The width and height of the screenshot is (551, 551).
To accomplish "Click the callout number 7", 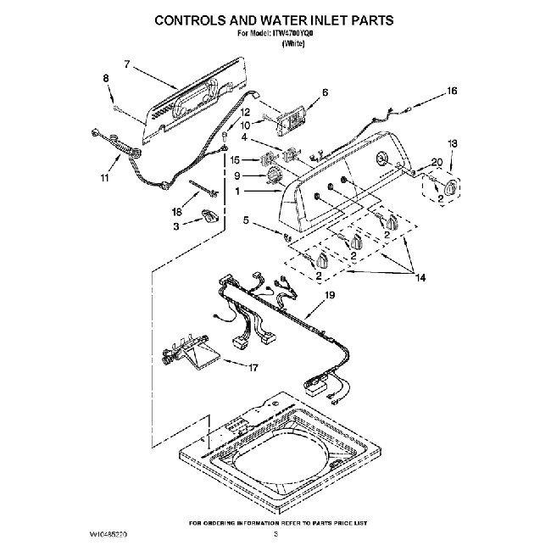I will click(x=126, y=64).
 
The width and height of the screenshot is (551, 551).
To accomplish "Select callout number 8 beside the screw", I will click(x=106, y=79).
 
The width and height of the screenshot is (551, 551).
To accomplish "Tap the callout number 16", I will click(x=453, y=91).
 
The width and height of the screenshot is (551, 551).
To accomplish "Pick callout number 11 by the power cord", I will click(x=104, y=179).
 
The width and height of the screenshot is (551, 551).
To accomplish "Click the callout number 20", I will click(x=437, y=162).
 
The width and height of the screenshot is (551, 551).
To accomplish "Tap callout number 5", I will click(x=246, y=222).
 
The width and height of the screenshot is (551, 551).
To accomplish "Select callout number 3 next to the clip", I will click(x=176, y=227).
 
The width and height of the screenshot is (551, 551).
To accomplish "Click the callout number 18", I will click(x=176, y=212).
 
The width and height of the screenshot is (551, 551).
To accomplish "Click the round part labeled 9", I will click(x=274, y=176).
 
